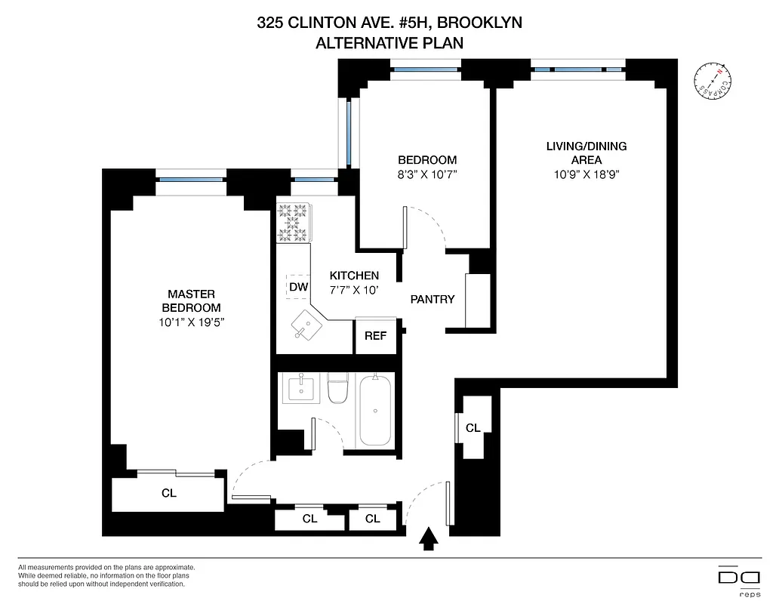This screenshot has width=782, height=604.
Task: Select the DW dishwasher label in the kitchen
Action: [x=298, y=286]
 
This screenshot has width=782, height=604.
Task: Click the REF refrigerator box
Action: [x=375, y=336]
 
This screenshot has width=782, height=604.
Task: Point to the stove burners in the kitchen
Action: [x=294, y=223]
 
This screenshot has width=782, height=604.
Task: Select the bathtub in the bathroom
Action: [x=376, y=410]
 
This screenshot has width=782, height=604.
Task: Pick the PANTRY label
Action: [x=433, y=299]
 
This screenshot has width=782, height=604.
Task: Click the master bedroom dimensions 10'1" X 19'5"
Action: [x=192, y=322]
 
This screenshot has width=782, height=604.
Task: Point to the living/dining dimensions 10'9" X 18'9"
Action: [x=586, y=174]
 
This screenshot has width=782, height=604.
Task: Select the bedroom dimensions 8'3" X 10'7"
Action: [x=427, y=174]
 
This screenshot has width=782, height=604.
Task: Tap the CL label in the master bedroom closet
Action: [x=168, y=494]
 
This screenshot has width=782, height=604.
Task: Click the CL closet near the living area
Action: [x=473, y=428]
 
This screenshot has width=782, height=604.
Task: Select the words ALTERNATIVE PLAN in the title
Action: [x=389, y=43]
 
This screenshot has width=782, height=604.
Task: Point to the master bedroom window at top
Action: [x=192, y=180]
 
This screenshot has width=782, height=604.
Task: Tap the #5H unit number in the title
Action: [x=407, y=23]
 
